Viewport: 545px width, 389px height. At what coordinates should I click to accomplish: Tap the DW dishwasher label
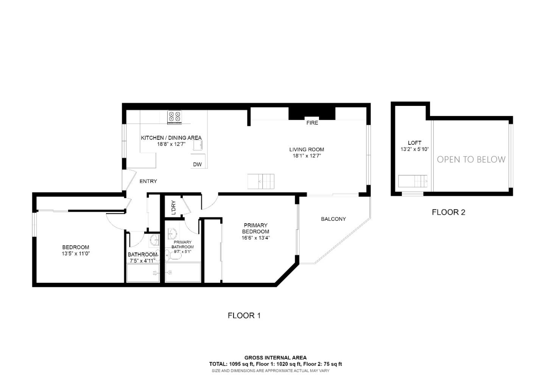(197, 164)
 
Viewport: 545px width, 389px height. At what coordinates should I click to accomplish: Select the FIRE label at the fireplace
(312, 123)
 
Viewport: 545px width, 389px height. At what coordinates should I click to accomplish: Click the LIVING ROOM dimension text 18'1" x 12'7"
(307, 156)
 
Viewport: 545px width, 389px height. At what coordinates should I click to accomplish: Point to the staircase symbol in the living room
(261, 181)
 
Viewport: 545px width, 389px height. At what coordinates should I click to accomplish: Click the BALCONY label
(333, 219)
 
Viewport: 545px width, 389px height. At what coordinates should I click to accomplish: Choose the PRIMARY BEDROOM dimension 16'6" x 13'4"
(256, 238)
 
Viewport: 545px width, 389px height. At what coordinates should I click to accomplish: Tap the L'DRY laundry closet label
(173, 208)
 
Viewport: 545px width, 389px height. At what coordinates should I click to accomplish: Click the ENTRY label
(148, 181)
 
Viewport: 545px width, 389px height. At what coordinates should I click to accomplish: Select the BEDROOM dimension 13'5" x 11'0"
(76, 254)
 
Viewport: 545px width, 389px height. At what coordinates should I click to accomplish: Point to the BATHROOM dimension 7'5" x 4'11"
(142, 260)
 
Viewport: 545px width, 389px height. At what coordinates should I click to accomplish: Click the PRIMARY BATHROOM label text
(182, 245)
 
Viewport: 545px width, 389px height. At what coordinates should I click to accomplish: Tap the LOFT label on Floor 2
(414, 143)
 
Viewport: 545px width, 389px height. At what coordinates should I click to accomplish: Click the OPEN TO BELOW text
(471, 160)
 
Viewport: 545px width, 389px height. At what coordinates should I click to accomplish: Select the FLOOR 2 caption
(448, 212)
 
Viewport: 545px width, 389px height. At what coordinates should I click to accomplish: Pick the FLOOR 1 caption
(244, 316)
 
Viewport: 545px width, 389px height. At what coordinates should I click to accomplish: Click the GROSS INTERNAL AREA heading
(275, 358)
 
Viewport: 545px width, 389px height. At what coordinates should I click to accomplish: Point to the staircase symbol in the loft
(413, 181)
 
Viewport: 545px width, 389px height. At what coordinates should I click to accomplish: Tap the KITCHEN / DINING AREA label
(171, 138)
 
